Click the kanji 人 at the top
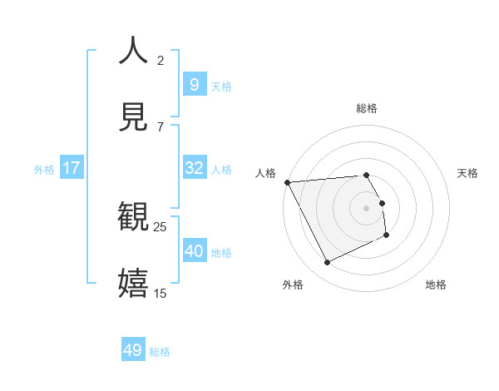pyautogui.click(x=134, y=50)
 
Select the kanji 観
pyautogui.click(x=134, y=217)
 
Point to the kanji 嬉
pyautogui.click(x=134, y=283)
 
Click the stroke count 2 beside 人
pyautogui.click(x=161, y=60)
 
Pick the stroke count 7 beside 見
pyautogui.click(x=161, y=126)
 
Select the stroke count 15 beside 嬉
pyautogui.click(x=161, y=293)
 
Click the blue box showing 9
pyautogui.click(x=194, y=84)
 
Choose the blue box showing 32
pyautogui.click(x=194, y=168)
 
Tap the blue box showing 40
pyautogui.click(x=194, y=251)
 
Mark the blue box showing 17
pyautogui.click(x=72, y=168)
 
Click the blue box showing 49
pyautogui.click(x=133, y=350)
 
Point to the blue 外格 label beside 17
pyautogui.click(x=44, y=169)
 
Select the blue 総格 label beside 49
pyautogui.click(x=161, y=352)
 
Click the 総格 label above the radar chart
pyautogui.click(x=366, y=108)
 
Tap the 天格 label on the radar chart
pyautogui.click(x=468, y=173)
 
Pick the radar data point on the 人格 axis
pyautogui.click(x=287, y=182)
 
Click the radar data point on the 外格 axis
pyautogui.click(x=328, y=263)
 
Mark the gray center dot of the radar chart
pyautogui.click(x=367, y=207)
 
